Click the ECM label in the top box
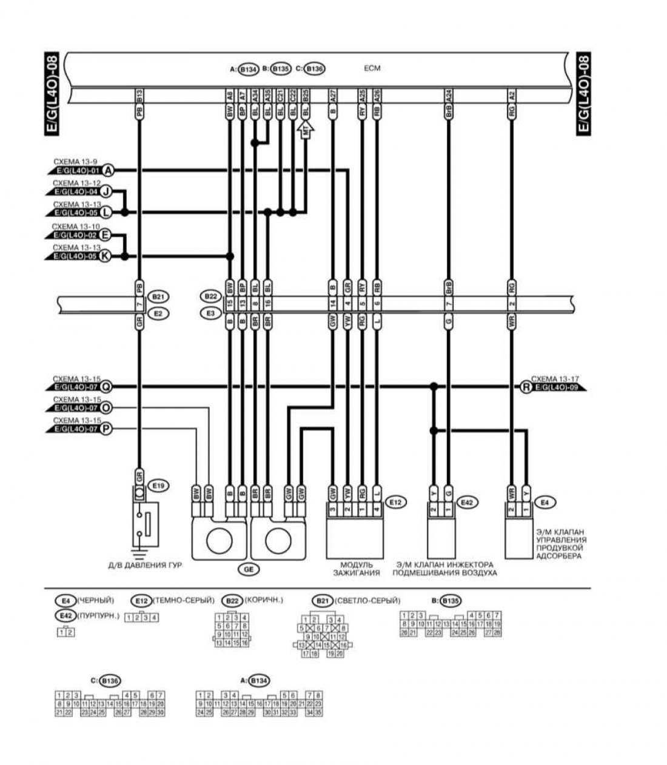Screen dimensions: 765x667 (372, 68)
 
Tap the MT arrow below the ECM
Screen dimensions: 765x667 (306, 130)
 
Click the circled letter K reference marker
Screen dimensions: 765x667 (106, 256)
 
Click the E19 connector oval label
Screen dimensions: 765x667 (160, 486)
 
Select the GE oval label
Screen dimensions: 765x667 (249, 569)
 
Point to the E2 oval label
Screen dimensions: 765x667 (159, 313)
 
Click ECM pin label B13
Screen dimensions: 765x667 (140, 95)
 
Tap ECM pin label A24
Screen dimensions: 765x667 (449, 95)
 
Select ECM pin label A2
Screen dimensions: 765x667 (512, 95)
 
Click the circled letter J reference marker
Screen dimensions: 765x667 (106, 192)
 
